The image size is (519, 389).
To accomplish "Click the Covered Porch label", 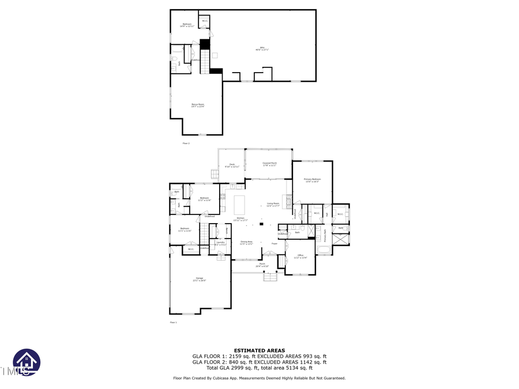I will coord(269,164).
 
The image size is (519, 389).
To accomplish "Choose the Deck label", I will coord(232,165).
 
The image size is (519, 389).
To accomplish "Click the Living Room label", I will coord(273,204).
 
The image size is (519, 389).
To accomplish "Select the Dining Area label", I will coord(247,243).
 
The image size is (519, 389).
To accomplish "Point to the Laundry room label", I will coord(220,243).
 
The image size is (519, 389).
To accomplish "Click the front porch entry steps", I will coord(270,277).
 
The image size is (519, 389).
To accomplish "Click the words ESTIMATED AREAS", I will coord(259,350).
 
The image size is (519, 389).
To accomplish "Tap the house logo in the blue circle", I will coord(27,362).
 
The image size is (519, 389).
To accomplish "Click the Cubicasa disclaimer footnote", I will coord(259,378).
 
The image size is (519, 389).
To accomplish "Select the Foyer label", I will coord(274,244).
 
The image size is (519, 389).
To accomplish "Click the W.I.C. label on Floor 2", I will coord(205,21).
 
